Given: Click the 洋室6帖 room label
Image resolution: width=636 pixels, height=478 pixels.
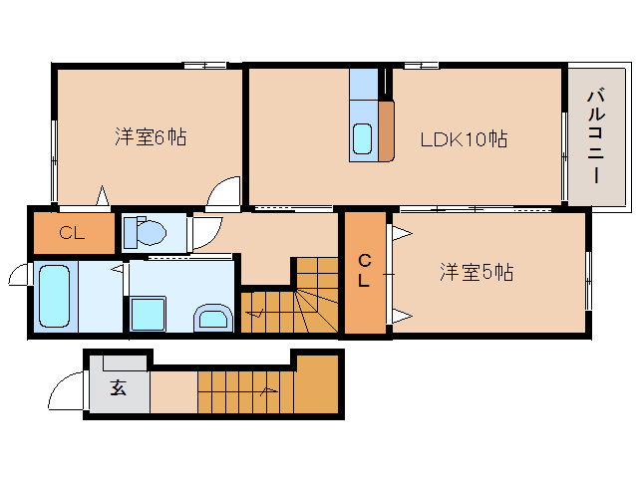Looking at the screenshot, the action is tap(151, 136).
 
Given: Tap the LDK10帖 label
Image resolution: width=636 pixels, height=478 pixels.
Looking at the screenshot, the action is tap(464, 139).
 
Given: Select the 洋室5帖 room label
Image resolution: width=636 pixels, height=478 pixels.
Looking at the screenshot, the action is tap(477, 272).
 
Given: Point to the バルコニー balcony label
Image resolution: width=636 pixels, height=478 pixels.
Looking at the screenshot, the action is tap(595, 136).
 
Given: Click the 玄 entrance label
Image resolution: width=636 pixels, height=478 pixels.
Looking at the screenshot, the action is tap(118, 387).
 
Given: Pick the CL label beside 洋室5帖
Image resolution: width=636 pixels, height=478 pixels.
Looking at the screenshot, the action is tap(364, 270).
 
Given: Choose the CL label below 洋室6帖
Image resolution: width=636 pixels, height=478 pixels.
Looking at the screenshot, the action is tap(72, 233).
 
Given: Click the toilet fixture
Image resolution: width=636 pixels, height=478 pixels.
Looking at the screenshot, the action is tap(145, 232).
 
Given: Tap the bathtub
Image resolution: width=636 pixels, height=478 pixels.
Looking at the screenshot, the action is tap(54, 296).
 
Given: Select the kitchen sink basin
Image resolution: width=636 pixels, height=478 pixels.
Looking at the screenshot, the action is tap(362, 138).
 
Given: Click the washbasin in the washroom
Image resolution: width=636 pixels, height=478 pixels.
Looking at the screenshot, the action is tap(213, 318).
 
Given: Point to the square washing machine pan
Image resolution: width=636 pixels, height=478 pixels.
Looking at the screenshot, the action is tap(149, 314).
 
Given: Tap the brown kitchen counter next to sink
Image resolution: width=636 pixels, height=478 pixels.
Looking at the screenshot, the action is tap(386, 130).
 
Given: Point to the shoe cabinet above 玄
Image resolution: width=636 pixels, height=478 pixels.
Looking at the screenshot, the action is tap(125, 362).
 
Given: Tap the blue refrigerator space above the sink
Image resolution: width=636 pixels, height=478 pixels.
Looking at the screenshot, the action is tap(364, 85).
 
